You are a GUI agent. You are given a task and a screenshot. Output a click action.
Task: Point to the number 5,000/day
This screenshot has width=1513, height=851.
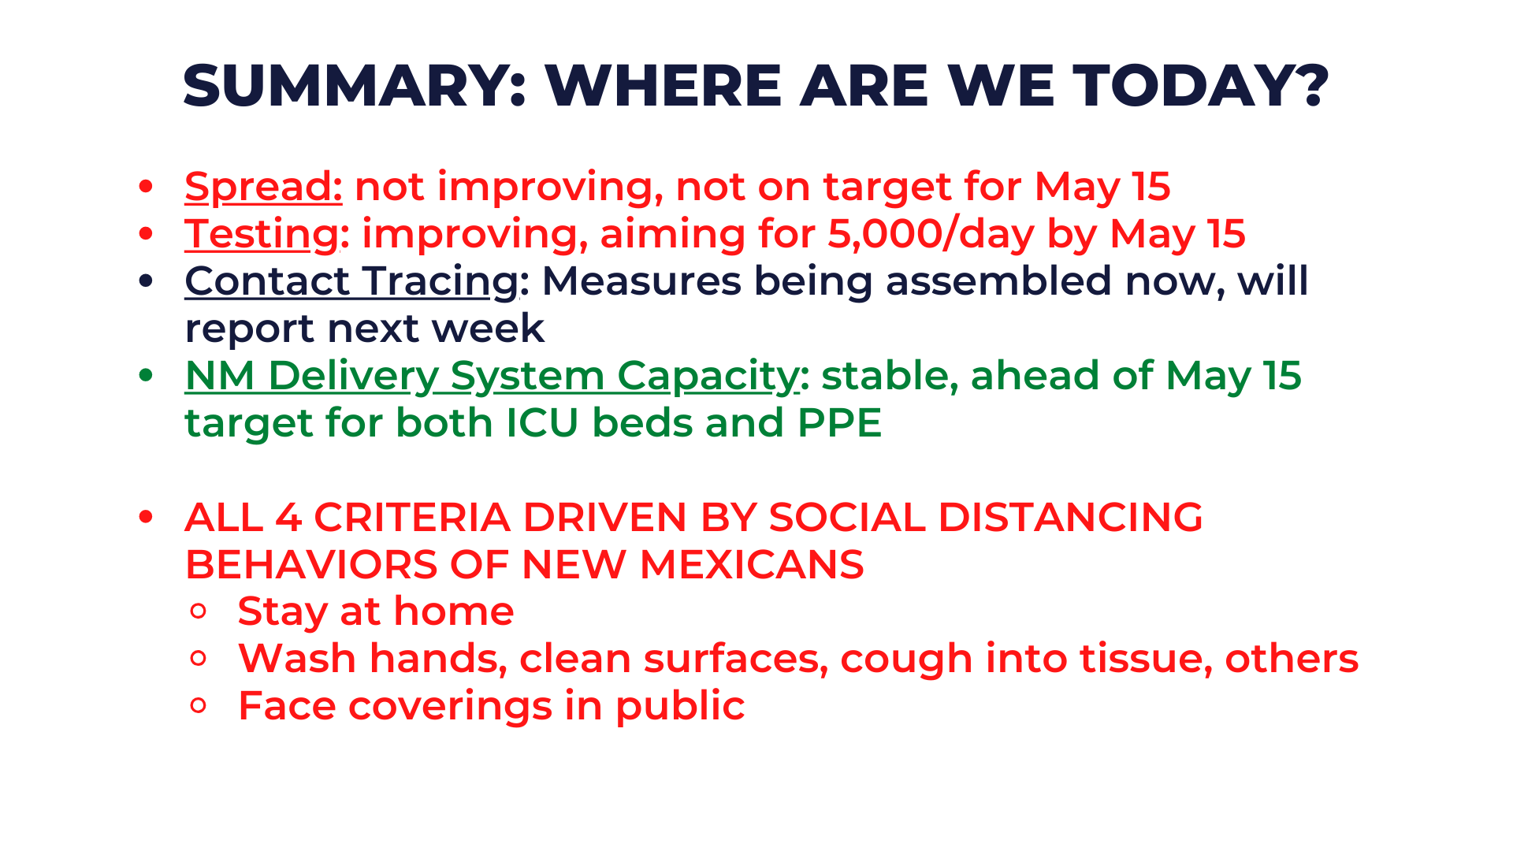point(930,235)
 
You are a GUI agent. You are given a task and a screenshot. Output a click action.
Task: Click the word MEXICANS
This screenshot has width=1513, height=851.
point(751,565)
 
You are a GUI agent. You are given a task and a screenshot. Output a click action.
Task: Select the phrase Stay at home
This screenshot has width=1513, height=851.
point(376,612)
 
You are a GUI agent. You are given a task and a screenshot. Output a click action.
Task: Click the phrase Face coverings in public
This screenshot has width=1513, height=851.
point(491,707)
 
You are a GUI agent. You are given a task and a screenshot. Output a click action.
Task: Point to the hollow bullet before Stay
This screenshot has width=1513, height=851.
point(199,611)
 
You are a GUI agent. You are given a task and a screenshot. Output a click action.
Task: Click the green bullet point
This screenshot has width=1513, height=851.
point(146,376)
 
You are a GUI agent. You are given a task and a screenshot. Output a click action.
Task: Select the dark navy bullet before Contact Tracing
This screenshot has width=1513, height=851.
point(146,281)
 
